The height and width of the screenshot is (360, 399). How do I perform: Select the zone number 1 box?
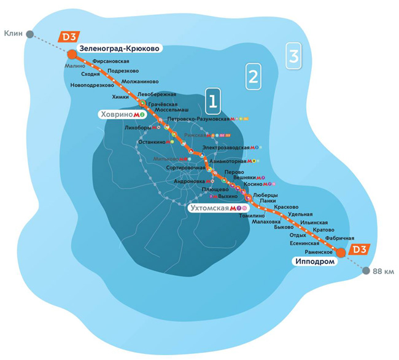(212, 101)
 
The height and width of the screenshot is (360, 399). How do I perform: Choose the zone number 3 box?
(294, 57)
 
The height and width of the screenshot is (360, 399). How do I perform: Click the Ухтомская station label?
(209, 209)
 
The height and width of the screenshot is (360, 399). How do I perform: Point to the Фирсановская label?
(111, 62)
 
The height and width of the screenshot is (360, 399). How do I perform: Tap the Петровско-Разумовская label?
(198, 119)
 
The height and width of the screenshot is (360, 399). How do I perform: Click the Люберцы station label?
(266, 195)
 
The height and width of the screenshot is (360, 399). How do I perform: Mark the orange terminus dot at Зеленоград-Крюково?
(72, 53)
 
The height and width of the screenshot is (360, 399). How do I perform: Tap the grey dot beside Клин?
(29, 34)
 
